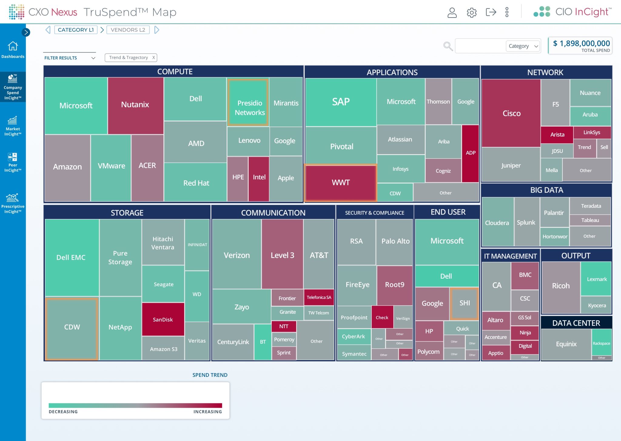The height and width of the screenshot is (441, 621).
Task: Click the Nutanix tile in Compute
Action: pyautogui.click(x=135, y=105)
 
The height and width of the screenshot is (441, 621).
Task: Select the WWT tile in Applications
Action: pyautogui.click(x=341, y=183)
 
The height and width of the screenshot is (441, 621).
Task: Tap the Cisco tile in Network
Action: pyautogui.click(x=511, y=113)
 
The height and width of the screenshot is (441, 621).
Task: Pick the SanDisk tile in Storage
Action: pyautogui.click(x=163, y=320)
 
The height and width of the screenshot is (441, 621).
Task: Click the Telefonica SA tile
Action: pyautogui.click(x=319, y=297)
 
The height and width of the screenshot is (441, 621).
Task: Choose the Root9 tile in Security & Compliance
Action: pyautogui.click(x=394, y=285)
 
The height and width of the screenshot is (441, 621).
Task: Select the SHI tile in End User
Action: pyautogui.click(x=465, y=303)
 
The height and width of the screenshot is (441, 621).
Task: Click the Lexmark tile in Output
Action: pyautogui.click(x=596, y=279)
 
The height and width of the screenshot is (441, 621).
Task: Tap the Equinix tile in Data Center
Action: pyautogui.click(x=566, y=344)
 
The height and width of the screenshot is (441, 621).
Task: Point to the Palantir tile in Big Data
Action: pyautogui.click(x=554, y=213)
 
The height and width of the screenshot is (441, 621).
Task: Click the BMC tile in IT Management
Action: pyautogui.click(x=525, y=275)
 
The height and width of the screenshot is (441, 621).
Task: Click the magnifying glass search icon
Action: pyautogui.click(x=448, y=46)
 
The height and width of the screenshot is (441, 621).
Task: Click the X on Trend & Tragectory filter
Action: pyautogui.click(x=153, y=58)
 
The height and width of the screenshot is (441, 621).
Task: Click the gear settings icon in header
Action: pyautogui.click(x=472, y=12)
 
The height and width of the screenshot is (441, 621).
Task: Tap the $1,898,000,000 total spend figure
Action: pyautogui.click(x=581, y=43)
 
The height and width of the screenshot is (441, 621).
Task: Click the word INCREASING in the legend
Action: pyautogui.click(x=207, y=412)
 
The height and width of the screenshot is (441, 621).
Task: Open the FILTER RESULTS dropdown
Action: pyautogui.click(x=70, y=58)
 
